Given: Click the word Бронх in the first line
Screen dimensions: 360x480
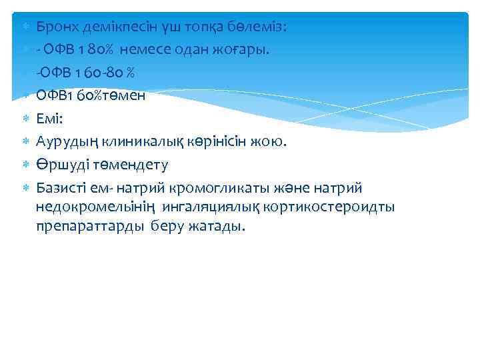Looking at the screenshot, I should (55, 27).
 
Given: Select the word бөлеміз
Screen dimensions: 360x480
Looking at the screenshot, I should (257, 27).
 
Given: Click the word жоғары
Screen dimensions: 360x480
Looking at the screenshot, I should (246, 49).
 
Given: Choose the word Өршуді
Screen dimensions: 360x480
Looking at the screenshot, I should (59, 164).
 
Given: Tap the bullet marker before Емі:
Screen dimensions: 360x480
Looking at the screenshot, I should (25, 117).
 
